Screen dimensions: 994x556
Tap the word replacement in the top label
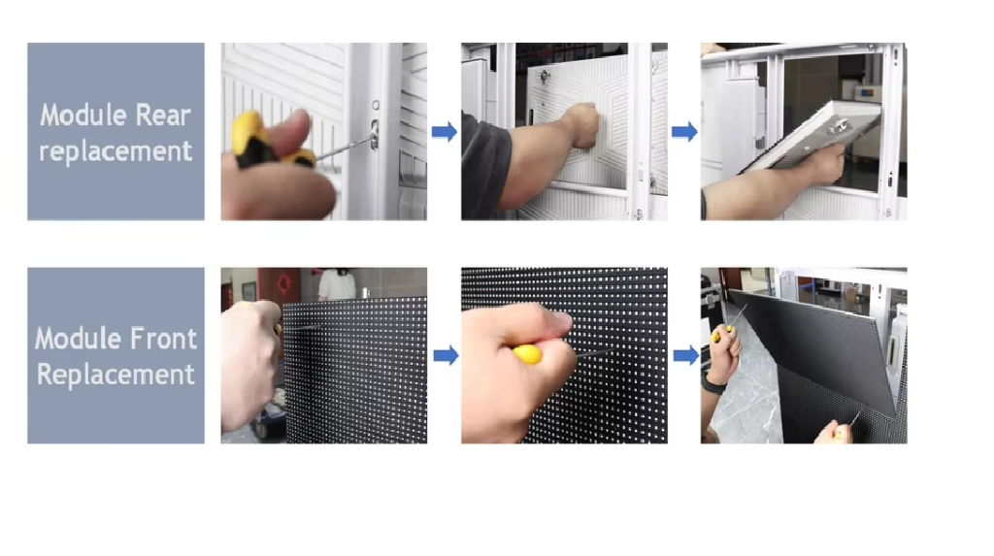tap(116, 152)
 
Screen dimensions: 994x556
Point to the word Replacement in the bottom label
tap(116, 374)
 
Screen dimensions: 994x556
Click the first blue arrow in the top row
tap(445, 132)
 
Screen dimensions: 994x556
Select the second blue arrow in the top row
tap(684, 132)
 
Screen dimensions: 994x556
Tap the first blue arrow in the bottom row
tap(446, 356)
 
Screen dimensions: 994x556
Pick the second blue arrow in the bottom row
tap(686, 356)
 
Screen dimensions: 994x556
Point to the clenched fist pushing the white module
tap(581, 125)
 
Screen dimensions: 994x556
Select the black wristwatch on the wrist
tap(714, 383)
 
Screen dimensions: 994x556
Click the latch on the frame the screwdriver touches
tap(375, 135)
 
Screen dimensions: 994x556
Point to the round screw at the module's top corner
tap(544, 77)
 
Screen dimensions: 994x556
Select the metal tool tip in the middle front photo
tap(594, 353)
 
